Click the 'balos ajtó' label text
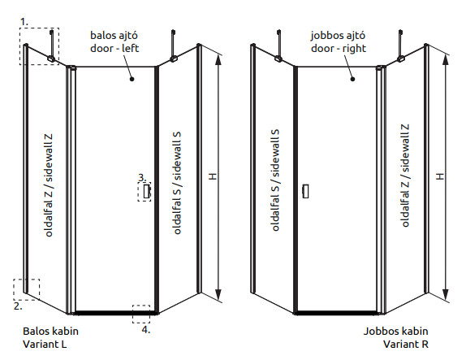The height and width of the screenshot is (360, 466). pyautogui.click(x=114, y=36)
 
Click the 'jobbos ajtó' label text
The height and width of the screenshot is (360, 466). pyautogui.click(x=338, y=36)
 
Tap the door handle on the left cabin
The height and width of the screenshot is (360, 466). pyautogui.click(x=146, y=191)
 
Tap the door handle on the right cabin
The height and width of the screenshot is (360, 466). pyautogui.click(x=305, y=191)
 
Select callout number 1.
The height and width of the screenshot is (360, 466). pyautogui.click(x=24, y=22)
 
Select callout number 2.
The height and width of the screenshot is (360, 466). pyautogui.click(x=18, y=306)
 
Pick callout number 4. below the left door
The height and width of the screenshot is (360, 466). pyautogui.click(x=145, y=330)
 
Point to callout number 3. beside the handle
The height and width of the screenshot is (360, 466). pyautogui.click(x=142, y=178)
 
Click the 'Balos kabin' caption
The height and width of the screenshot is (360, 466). pyautogui.click(x=50, y=331)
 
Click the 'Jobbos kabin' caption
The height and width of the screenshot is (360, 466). pyautogui.click(x=396, y=331)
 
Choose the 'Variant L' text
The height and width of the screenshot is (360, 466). pyautogui.click(x=45, y=345)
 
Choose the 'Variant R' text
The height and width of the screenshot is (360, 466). pyautogui.click(x=406, y=345)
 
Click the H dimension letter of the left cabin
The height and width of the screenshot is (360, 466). pyautogui.click(x=213, y=176)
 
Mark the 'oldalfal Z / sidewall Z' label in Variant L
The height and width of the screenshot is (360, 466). pyautogui.click(x=49, y=185)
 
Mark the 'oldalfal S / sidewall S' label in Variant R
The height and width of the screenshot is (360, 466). pyautogui.click(x=275, y=180)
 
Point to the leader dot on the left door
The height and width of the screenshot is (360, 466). pyautogui.click(x=132, y=79)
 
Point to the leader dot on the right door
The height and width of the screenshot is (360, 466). pyautogui.click(x=353, y=79)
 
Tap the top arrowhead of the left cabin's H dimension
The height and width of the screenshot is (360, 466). pyautogui.click(x=218, y=60)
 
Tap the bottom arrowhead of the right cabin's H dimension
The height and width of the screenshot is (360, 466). pyautogui.click(x=445, y=294)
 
